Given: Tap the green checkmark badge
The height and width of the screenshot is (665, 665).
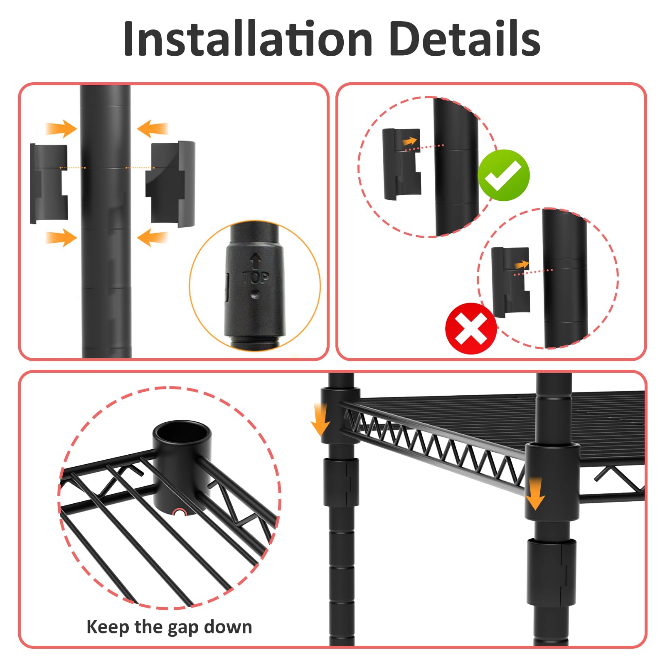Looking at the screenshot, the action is click(x=504, y=175).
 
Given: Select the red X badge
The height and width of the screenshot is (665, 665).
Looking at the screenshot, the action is click(x=471, y=328).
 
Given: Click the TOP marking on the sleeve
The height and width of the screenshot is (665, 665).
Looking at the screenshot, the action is click(x=256, y=277).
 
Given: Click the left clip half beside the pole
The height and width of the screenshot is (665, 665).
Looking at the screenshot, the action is click(x=49, y=183).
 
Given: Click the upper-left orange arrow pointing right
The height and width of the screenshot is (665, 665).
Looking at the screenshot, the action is click(x=62, y=128).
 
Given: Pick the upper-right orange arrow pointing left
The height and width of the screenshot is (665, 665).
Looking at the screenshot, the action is click(x=152, y=128).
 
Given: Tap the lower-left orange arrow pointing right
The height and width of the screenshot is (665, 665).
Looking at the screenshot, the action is click(x=62, y=238).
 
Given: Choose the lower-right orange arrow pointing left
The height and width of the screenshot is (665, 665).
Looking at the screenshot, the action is click(x=152, y=238).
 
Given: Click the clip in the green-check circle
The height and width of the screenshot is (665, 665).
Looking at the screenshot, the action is click(x=401, y=164).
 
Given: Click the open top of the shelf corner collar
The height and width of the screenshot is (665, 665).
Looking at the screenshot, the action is click(x=182, y=433).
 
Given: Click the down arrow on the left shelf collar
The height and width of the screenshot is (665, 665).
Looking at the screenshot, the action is click(x=320, y=419).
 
